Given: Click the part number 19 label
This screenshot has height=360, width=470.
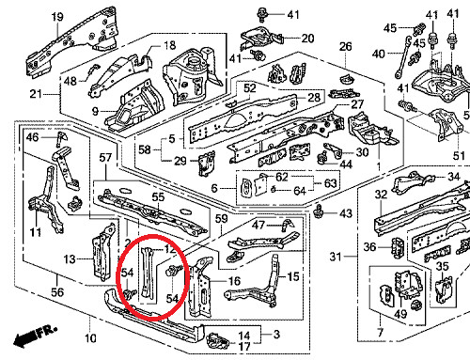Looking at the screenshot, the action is [57, 17].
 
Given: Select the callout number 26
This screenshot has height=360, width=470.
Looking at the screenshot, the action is [346, 47].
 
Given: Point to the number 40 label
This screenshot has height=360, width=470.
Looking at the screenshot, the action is [378, 54].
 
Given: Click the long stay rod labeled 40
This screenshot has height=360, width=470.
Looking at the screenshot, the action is [402, 56].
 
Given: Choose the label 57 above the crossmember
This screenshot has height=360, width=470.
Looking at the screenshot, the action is [105, 158].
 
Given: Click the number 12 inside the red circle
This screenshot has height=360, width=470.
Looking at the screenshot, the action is [170, 249].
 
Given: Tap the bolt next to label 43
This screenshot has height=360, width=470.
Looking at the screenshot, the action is [319, 212].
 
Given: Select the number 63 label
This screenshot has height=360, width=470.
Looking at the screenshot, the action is [330, 183].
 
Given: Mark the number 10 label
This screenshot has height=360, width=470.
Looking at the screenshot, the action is [90, 338].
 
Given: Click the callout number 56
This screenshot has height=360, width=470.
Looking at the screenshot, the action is [57, 292].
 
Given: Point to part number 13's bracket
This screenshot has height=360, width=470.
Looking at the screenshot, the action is [102, 252].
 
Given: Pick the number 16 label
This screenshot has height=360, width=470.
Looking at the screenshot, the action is [234, 281].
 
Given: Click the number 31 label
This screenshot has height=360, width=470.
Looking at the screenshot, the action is [335, 257].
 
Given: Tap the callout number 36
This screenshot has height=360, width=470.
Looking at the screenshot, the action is [369, 247].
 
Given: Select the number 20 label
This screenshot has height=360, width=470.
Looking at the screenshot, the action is [307, 39].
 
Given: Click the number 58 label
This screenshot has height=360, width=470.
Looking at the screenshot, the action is [145, 149].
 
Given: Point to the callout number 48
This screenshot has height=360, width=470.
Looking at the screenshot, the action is [70, 82].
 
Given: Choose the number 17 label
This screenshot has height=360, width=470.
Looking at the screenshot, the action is [244, 347].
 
